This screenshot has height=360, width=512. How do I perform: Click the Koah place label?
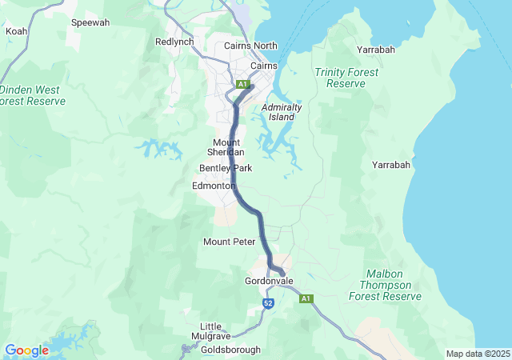coord(16,31)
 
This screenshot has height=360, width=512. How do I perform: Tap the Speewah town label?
coord(90,23)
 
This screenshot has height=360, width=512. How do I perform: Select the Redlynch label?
coord(174,42)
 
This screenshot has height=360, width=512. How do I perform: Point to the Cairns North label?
coord(250,46)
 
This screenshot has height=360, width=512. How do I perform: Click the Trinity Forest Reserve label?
coord(346,78)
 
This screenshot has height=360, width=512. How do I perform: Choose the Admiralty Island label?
coord(278,112)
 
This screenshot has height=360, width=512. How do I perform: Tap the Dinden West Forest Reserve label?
coord(33,96)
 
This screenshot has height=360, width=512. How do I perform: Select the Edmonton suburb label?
coord(214,186)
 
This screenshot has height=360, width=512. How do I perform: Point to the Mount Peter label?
coord(229,242)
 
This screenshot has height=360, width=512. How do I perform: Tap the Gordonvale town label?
coord(269,282)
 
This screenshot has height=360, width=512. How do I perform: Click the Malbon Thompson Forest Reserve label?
coord(385,285)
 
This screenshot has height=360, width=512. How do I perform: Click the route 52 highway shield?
coord(269,303)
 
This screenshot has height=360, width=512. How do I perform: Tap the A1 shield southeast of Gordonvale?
coord(305,299)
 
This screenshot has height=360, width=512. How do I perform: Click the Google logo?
coord(26,350)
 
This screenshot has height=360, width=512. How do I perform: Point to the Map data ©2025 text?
coord(477,354)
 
